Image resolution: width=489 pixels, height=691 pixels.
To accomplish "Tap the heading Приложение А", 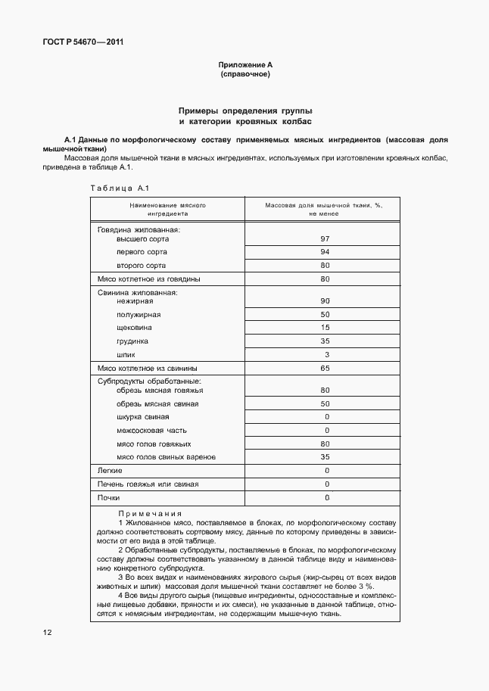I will point(244,65).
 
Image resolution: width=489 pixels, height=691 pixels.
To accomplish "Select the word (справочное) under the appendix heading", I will point(244,75).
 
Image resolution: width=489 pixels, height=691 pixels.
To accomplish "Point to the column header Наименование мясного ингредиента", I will point(167,209).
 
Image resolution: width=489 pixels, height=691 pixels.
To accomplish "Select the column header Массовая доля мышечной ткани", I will point(324,209).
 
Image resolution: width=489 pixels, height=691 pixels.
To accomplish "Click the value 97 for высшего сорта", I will point(325,238).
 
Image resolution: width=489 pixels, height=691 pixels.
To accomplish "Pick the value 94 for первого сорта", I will point(325,252).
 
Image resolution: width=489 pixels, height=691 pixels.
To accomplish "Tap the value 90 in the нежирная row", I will point(325,301).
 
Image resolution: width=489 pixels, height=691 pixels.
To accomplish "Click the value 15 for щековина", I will point(325,328).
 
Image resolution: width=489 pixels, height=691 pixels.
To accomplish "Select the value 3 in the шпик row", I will point(326,354).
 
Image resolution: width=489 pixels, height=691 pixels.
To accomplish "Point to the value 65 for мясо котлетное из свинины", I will point(325,369).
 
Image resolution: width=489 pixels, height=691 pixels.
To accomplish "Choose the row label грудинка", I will point(132,341).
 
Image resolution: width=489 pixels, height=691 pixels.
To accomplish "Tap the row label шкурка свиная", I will point(143,417).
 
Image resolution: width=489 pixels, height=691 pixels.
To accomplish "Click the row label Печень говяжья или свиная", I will point(148,484).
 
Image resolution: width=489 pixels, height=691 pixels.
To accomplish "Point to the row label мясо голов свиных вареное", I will point(166,457).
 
